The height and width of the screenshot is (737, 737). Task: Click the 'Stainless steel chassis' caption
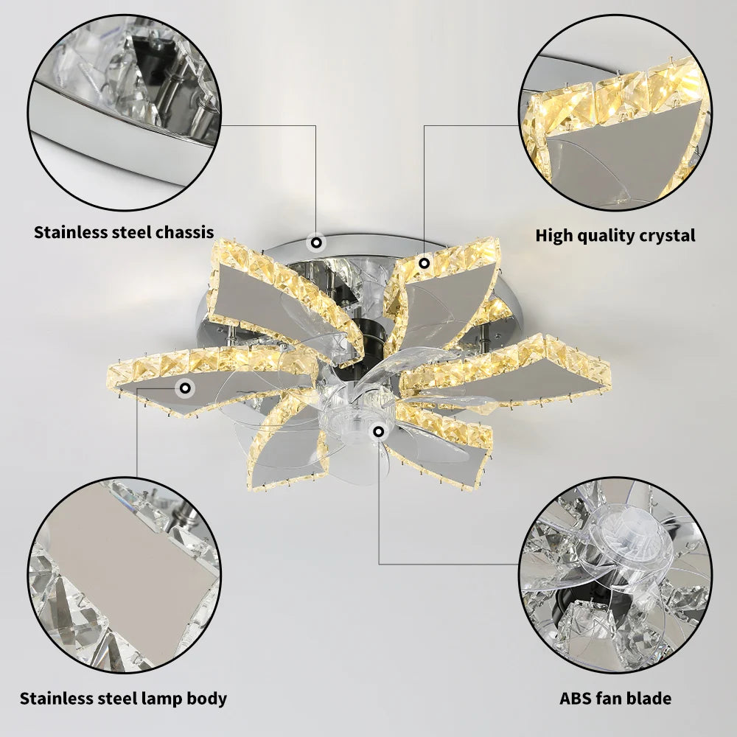point(124,233)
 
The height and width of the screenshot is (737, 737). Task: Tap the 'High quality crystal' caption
point(615,236)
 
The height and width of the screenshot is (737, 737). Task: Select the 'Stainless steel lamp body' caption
point(123,699)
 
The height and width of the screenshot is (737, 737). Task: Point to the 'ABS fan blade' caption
point(615,699)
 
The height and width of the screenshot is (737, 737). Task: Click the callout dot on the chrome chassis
point(316,241)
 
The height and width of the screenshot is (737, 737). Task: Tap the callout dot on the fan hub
point(379,431)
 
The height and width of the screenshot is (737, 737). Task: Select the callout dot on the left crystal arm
point(185,386)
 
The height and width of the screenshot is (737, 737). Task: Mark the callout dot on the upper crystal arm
point(424,262)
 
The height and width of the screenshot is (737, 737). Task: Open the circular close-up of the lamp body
point(123,573)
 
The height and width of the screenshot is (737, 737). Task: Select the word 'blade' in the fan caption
point(649,699)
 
